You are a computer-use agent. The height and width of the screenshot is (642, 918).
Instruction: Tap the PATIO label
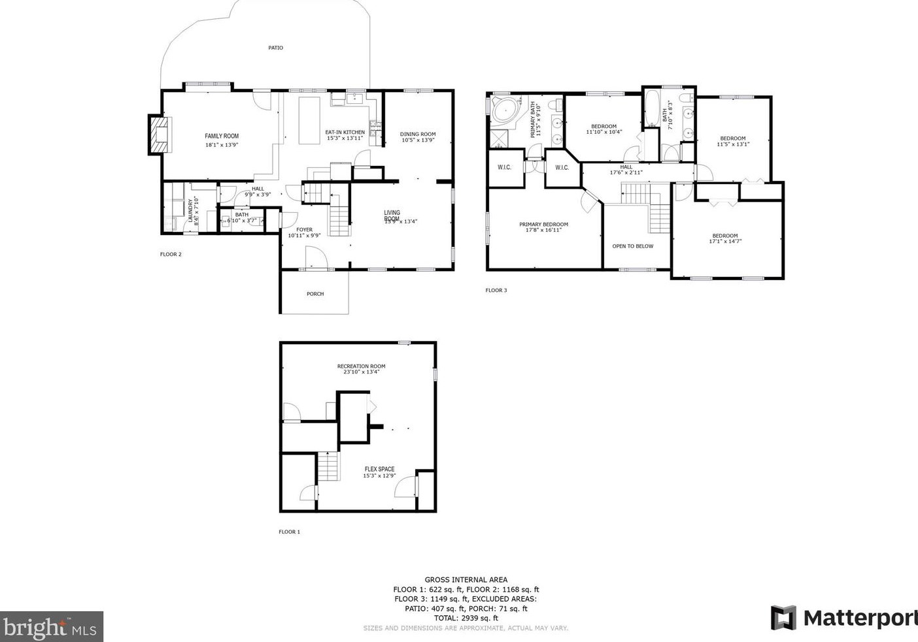point(276,48)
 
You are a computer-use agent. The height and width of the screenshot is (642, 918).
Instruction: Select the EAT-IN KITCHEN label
point(345,133)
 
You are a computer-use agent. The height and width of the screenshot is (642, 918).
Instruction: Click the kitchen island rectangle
point(309,120)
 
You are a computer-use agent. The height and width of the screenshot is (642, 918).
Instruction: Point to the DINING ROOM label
point(418,135)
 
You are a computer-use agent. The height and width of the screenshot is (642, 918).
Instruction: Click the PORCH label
point(315,294)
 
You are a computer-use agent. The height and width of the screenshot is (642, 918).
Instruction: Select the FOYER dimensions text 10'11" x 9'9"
point(304,236)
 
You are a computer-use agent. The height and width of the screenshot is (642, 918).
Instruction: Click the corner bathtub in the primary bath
point(504,110)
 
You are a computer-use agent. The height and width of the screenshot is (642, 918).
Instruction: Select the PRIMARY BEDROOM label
point(543,225)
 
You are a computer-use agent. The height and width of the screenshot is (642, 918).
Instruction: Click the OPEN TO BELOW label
point(632,246)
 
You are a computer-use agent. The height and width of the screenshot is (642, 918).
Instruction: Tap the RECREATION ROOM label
point(361,366)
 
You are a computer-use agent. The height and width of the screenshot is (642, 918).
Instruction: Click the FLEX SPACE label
point(379,469)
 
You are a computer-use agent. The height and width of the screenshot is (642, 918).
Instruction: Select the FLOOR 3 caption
point(496,291)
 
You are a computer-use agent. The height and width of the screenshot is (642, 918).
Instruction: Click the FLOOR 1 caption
point(289,532)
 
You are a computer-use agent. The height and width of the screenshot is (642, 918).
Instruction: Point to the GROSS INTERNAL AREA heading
point(466,579)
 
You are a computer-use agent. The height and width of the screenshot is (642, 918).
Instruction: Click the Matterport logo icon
point(783,618)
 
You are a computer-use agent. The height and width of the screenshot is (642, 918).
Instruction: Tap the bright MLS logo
point(51,627)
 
